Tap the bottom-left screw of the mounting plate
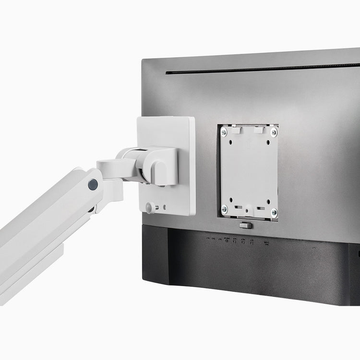point(224,209)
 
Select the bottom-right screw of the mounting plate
point(274,212)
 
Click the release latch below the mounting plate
point(245,225)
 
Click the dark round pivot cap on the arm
point(93,184)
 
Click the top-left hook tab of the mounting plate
point(235,129)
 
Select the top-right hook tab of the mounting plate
point(259,130)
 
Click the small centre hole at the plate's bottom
point(248,209)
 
